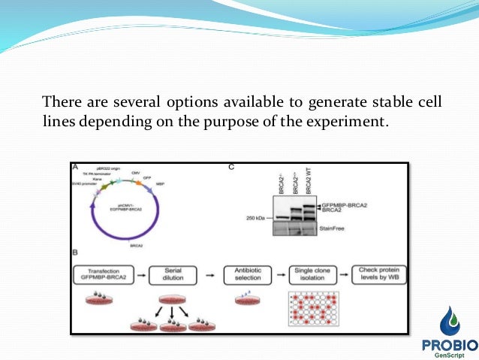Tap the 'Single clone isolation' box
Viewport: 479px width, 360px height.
[x=309, y=275]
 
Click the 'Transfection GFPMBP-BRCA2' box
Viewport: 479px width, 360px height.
[x=104, y=275]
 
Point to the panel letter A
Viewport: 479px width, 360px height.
[x=75, y=167]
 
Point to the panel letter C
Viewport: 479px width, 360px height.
[x=231, y=167]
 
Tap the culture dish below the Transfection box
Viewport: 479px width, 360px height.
[x=99, y=301]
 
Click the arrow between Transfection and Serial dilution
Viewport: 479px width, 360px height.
[x=143, y=275]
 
